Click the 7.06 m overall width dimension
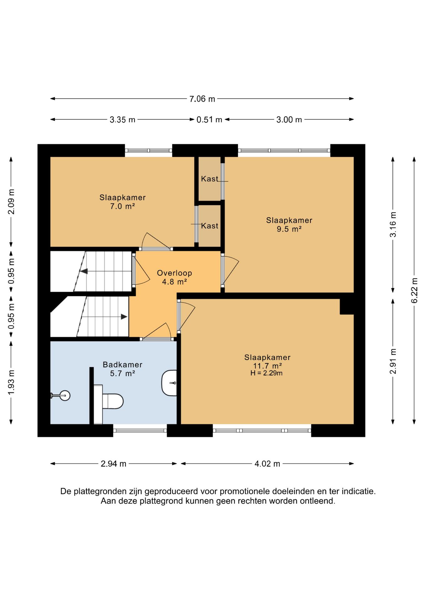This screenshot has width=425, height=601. coord(202,99)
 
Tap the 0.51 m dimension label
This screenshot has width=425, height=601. coord(209,120)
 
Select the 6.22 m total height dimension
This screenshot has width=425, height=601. coord(414,290)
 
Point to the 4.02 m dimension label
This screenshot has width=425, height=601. coord(267,464)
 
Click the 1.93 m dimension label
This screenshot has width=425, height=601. coord(11,382)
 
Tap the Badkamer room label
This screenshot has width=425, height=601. coord(122,365)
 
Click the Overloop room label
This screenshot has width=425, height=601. coord(174,273)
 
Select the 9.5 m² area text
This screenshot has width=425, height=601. coord(289,229)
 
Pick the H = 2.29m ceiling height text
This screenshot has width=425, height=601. coord(266,373)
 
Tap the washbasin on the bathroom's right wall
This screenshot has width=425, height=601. coord(169,383)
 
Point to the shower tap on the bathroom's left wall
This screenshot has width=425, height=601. coord(60,396)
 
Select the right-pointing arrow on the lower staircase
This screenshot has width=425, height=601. coord(124,317)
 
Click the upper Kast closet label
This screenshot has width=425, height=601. coord(210,179)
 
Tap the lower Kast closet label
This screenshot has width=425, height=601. coord(210,226)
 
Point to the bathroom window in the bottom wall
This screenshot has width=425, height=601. coord(140,430)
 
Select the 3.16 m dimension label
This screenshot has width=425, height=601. coord(393,224)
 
